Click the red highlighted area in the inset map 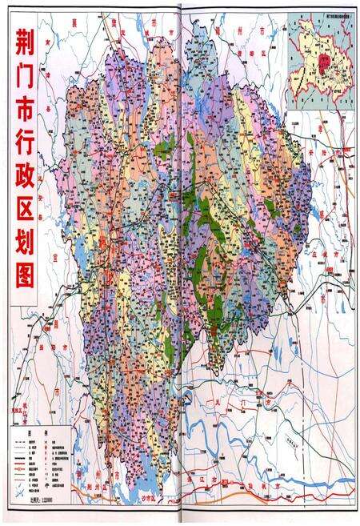click(x=321, y=61)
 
